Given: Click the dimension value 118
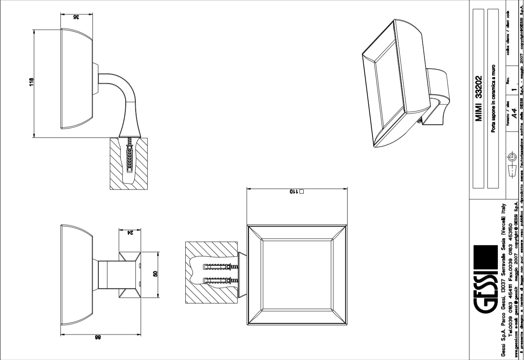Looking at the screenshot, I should pyautogui.click(x=32, y=82).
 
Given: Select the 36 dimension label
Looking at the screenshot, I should pyautogui.click(x=76, y=17).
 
